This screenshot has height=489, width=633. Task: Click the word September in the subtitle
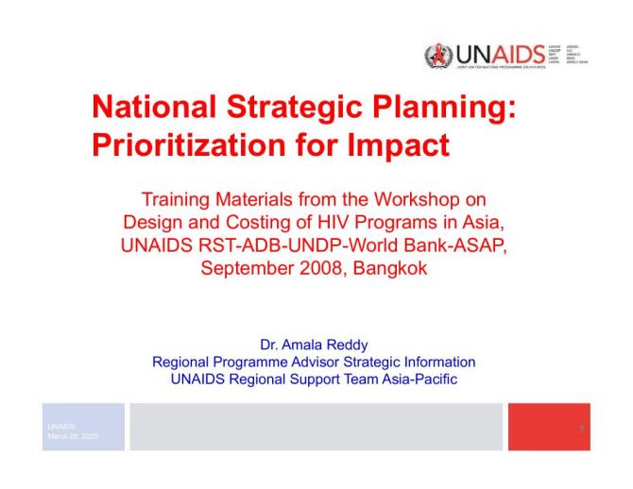click(241, 268)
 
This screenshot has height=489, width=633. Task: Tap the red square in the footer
click(549, 427)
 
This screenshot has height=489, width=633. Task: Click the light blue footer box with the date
click(82, 427)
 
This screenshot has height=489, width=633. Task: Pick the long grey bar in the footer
click(316, 427)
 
